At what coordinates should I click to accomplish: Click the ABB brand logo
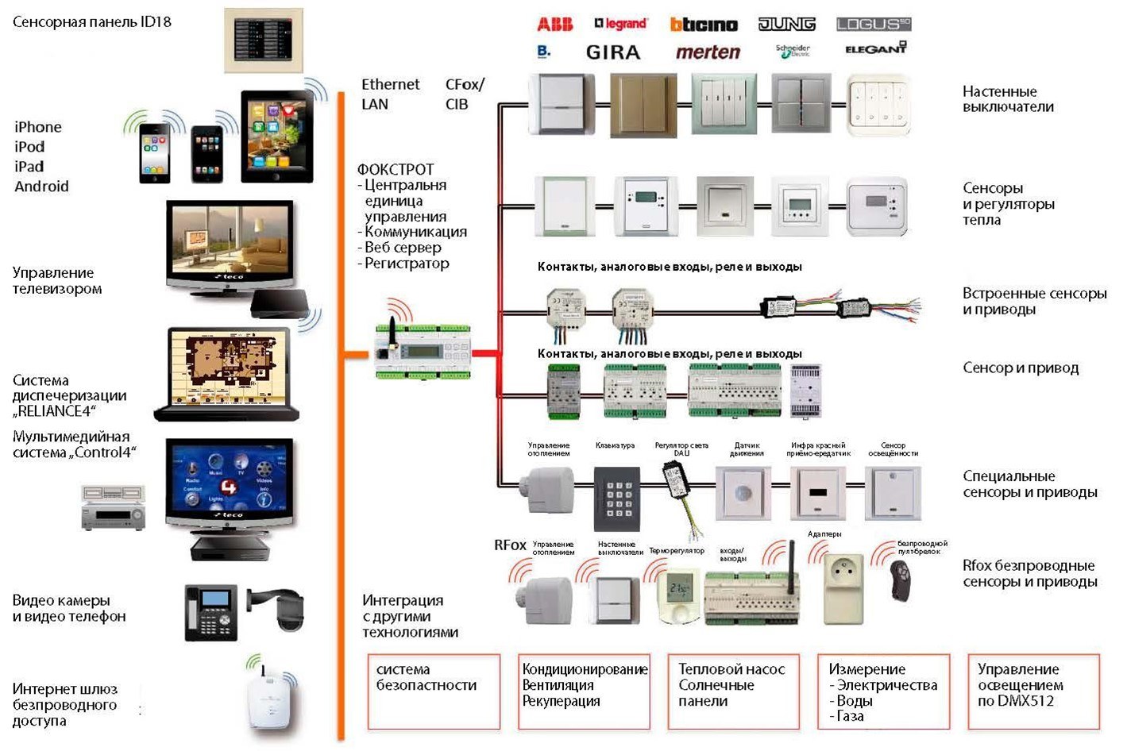[x=554, y=25]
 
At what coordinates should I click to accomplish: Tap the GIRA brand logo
[x=612, y=52]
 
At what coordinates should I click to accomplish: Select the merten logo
[x=708, y=52]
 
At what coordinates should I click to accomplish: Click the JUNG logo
[x=786, y=25]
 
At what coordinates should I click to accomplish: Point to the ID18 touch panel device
[x=263, y=40]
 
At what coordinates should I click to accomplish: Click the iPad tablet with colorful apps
[x=276, y=137]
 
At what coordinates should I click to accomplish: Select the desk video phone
[x=210, y=613]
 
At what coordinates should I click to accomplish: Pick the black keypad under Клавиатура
[x=616, y=498]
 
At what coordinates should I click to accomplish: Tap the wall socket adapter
[x=843, y=588]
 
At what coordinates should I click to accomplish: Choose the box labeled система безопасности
[x=434, y=691]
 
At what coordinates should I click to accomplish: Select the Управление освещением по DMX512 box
[x=1033, y=691]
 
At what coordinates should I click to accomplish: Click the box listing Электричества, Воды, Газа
[x=883, y=691]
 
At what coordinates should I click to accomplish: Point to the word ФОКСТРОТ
[x=396, y=169]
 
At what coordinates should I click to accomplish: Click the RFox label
[x=510, y=545]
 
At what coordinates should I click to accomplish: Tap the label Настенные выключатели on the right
[x=1008, y=99]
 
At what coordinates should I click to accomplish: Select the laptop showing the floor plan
[x=226, y=373]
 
